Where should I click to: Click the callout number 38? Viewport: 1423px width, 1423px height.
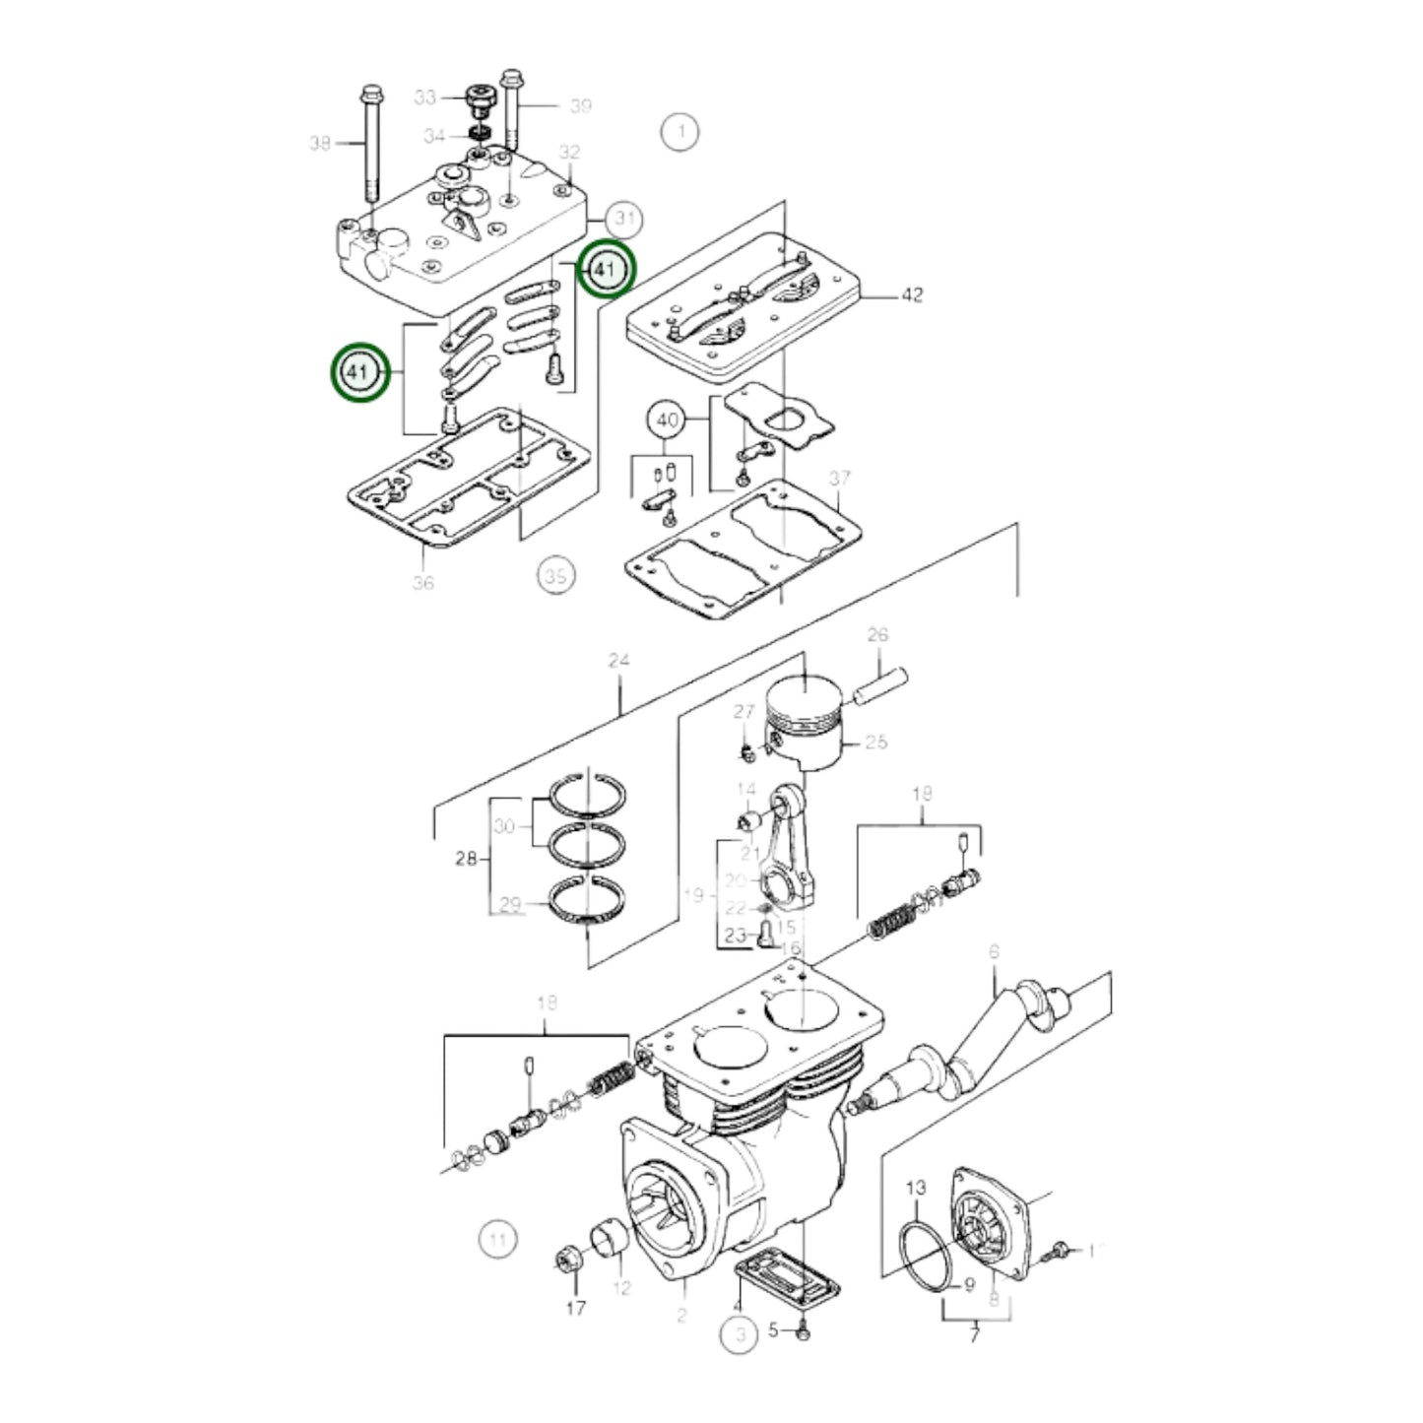[x=320, y=144]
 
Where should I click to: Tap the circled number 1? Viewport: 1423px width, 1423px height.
[x=679, y=131]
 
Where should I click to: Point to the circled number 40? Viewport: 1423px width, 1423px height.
[x=668, y=420]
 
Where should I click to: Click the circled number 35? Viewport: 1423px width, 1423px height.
[x=555, y=575]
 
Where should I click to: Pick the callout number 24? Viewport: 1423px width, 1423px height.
[x=618, y=661]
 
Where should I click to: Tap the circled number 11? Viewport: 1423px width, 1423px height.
[x=497, y=1238]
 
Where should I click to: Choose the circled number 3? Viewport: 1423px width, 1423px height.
[x=739, y=1335]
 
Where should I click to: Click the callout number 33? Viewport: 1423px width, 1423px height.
[x=424, y=97]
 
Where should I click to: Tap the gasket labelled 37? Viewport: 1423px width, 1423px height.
[x=745, y=552]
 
